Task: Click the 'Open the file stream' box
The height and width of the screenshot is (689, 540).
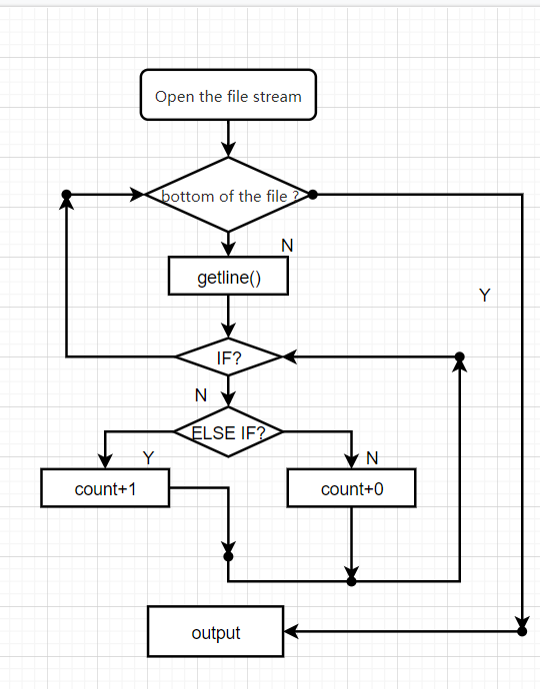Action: (228, 95)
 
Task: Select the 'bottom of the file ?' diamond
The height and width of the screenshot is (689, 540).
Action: (228, 195)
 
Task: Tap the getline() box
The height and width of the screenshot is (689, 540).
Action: (228, 276)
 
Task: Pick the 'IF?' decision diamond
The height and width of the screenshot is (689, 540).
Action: (228, 356)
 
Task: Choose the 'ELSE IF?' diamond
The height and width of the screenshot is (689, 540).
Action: (228, 432)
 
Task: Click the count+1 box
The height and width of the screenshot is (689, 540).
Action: (105, 487)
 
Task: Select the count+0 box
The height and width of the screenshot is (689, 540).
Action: (351, 487)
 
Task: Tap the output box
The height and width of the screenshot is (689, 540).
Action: (216, 631)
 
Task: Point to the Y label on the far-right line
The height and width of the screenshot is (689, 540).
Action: (485, 295)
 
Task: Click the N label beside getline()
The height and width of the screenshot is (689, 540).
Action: (287, 246)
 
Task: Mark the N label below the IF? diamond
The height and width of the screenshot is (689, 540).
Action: (201, 395)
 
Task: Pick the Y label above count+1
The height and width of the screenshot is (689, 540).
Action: (148, 458)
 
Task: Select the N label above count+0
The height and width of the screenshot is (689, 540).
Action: (372, 458)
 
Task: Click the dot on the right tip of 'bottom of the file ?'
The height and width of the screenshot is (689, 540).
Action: (312, 195)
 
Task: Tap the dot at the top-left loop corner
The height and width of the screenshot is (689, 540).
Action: (66, 195)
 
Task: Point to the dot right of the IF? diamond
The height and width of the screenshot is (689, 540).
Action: (459, 356)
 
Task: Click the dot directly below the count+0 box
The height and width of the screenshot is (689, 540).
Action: (351, 581)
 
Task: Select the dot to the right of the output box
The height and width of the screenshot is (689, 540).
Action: (522, 631)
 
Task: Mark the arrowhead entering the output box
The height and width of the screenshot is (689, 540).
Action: (290, 631)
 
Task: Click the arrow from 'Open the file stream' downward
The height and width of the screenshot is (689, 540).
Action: (228, 139)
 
